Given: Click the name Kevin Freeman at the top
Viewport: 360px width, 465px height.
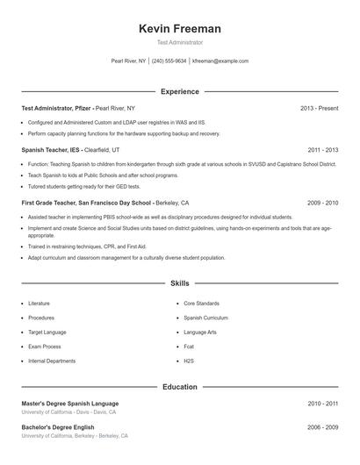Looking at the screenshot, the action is coord(179,29).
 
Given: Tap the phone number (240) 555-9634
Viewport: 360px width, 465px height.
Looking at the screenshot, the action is coord(170,61).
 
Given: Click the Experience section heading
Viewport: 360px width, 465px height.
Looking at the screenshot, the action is coord(179,91).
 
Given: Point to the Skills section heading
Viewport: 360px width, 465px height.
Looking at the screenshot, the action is coord(179,284).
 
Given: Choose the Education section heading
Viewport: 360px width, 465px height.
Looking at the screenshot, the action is coord(179,386).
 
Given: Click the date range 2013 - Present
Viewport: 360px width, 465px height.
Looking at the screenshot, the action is coord(319,108).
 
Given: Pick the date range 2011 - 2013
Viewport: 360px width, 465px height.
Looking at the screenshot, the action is coord(322,150).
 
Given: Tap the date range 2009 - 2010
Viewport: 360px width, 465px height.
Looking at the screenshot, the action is coord(322,203).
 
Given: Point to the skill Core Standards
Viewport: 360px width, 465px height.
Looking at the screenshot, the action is coord(201,303).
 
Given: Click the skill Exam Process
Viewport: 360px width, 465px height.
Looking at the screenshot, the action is coord(46,347).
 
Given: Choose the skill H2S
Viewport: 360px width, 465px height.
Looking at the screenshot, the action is coord(189,361).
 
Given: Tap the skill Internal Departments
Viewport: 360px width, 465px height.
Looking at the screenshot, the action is coord(52,361).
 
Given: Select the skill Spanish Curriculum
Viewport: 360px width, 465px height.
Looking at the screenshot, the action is coord(205,318).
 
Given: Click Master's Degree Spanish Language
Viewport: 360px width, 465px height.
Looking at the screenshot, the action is coord(70,404).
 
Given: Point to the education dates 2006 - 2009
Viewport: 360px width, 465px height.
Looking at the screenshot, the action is coord(322,427).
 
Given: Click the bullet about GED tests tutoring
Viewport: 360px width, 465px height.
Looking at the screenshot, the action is coord(72,187).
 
